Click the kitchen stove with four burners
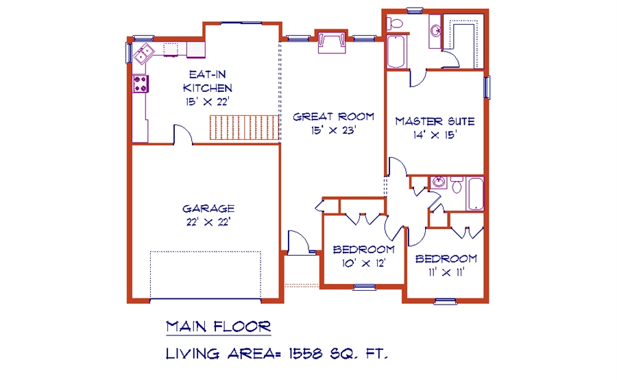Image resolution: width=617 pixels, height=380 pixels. (141, 84)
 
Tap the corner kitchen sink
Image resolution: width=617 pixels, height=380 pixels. (143, 54)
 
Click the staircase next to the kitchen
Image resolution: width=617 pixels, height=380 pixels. (244, 127)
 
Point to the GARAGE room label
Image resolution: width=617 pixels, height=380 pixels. (208, 209)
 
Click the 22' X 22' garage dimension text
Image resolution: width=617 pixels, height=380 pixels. (208, 222)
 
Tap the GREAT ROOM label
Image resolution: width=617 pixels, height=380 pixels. (333, 117)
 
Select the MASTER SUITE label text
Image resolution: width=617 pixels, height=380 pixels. (435, 121)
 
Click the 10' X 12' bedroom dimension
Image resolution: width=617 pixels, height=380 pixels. (363, 263)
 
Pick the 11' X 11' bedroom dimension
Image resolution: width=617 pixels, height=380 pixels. (446, 272)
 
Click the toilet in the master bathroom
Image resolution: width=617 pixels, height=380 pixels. (395, 23)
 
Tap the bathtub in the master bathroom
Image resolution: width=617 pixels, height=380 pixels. (396, 51)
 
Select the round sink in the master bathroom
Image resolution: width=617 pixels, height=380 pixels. (435, 30)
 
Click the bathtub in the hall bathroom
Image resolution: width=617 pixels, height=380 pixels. (475, 193)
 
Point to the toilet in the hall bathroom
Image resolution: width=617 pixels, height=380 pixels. (457, 185)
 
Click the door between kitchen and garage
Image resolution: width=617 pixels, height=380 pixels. (183, 134)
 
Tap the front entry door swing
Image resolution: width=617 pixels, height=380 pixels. (298, 241)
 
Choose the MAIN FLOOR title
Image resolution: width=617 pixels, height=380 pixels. (219, 326)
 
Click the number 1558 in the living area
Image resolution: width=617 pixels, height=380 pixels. (306, 354)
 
